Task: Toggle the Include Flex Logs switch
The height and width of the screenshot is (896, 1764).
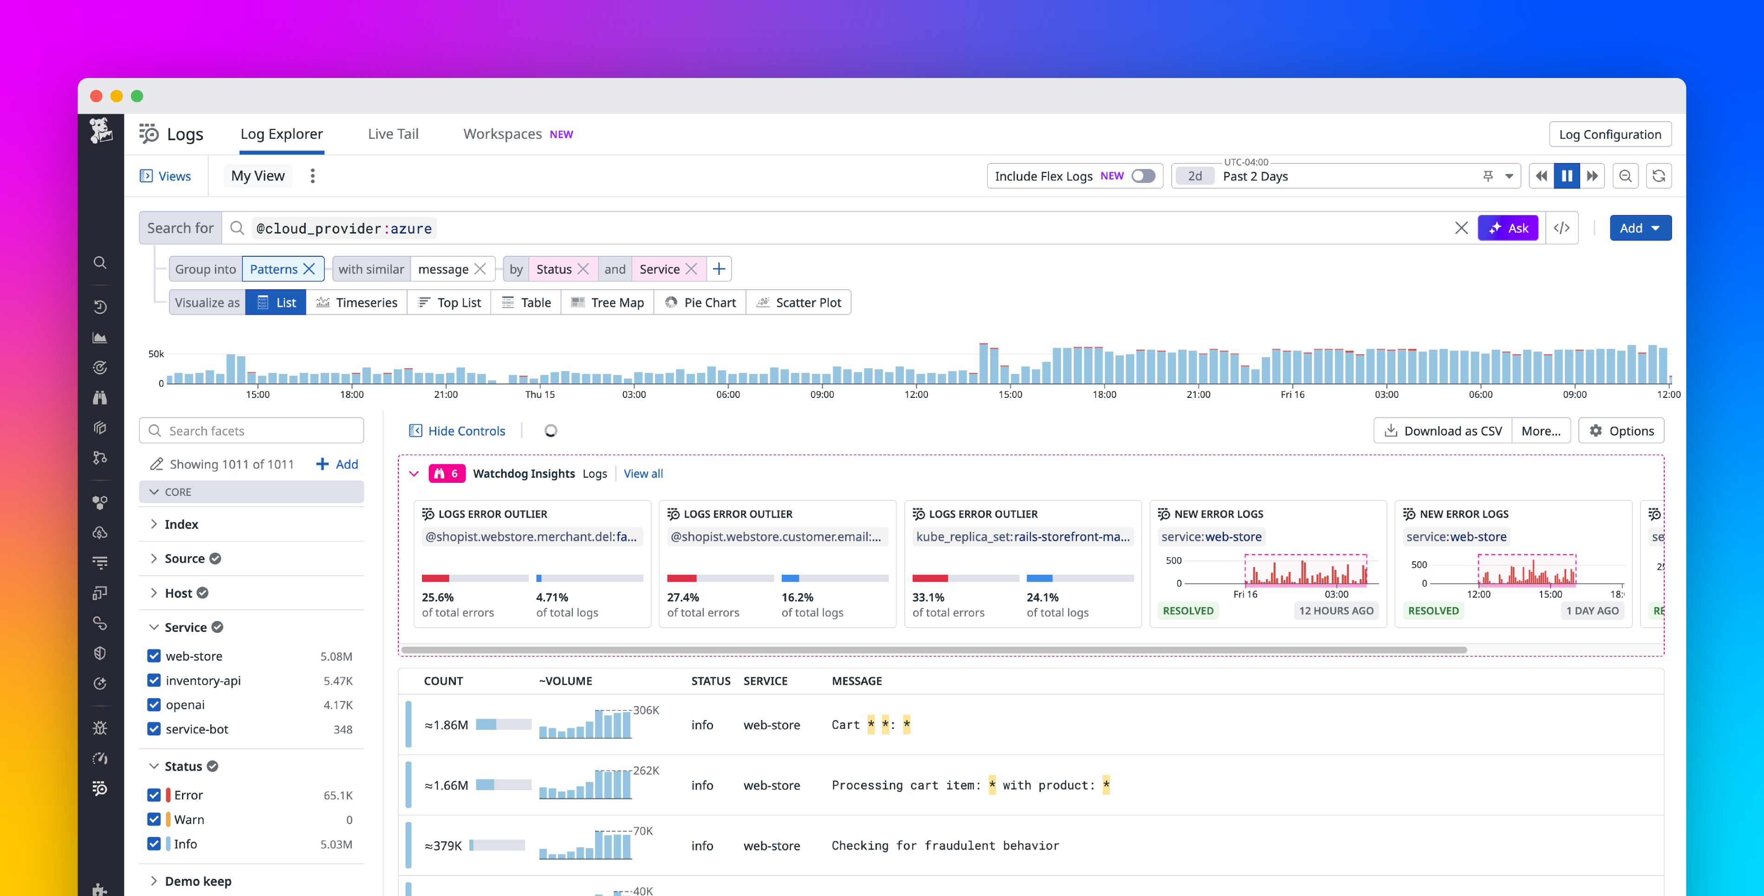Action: pyautogui.click(x=1142, y=176)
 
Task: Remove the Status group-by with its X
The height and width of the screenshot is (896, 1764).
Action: pyautogui.click(x=584, y=269)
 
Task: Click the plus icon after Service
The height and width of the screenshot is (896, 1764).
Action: pyautogui.click(x=718, y=269)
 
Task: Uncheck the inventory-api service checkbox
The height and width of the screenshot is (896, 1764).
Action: pyautogui.click(x=154, y=680)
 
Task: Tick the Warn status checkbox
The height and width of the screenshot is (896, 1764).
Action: pyautogui.click(x=154, y=819)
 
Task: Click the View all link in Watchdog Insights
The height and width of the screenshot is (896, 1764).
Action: pyautogui.click(x=642, y=474)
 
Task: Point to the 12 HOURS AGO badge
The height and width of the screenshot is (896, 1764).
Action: pyautogui.click(x=1336, y=611)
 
